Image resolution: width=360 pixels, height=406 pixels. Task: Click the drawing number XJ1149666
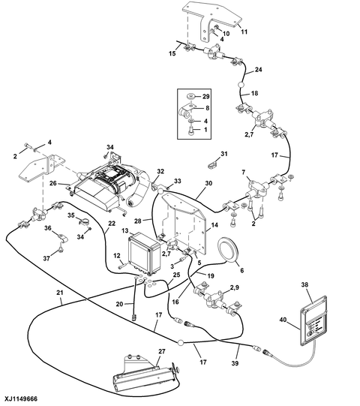[x=21, y=398]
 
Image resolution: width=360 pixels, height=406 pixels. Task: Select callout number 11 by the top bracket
[x=244, y=32]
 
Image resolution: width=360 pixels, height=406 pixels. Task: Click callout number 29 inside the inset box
[x=205, y=97]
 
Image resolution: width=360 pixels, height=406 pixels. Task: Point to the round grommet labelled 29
[x=191, y=97]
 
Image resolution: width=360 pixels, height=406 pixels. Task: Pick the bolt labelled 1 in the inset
[x=191, y=131]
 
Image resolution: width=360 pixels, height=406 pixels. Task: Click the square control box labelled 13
[x=144, y=254]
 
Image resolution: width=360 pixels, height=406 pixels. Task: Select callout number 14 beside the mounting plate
[x=214, y=225]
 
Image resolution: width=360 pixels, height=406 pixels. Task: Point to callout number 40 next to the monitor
[x=283, y=320]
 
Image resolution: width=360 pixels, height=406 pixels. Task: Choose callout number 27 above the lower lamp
[x=162, y=351]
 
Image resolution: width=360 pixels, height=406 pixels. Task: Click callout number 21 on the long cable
[x=60, y=293]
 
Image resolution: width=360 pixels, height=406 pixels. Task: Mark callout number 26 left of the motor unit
[x=53, y=183]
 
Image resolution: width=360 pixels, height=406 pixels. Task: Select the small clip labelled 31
[x=213, y=164]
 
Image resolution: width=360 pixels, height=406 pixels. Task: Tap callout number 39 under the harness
[x=235, y=363]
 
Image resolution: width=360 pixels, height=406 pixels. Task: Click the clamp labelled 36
[x=61, y=239]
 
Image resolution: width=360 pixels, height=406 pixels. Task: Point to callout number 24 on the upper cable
[x=258, y=70]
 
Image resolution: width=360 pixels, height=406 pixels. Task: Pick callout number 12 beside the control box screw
[x=117, y=256]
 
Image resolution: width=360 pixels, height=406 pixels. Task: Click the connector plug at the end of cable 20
[x=134, y=317]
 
